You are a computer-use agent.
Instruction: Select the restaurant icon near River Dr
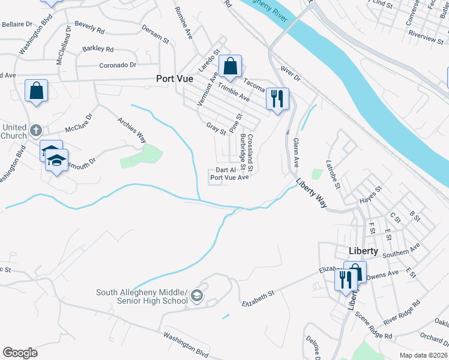tap(277, 98)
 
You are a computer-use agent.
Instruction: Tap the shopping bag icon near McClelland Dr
tap(37, 91)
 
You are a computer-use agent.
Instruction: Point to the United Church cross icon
tap(36, 130)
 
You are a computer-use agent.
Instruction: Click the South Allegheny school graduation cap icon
tap(197, 296)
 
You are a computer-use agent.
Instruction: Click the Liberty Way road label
tap(312, 193)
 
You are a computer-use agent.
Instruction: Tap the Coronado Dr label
tap(118, 65)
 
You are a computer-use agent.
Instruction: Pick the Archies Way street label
tap(131, 127)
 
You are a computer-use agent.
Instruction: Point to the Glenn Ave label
tap(295, 152)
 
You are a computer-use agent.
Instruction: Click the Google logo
tap(20, 353)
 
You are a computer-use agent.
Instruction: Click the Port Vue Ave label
tap(229, 178)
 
